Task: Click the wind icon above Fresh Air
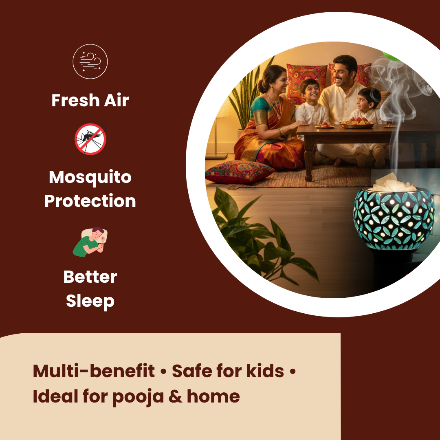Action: tap(90, 62)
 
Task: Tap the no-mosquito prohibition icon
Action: tap(90, 139)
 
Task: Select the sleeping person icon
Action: tap(90, 241)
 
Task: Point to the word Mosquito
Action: tap(90, 178)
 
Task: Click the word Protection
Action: tap(90, 201)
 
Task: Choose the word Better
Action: tap(90, 277)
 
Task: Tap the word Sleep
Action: tap(90, 301)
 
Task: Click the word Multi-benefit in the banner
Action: tap(94, 371)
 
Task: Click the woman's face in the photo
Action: tap(273, 78)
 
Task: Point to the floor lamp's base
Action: tap(216, 156)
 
